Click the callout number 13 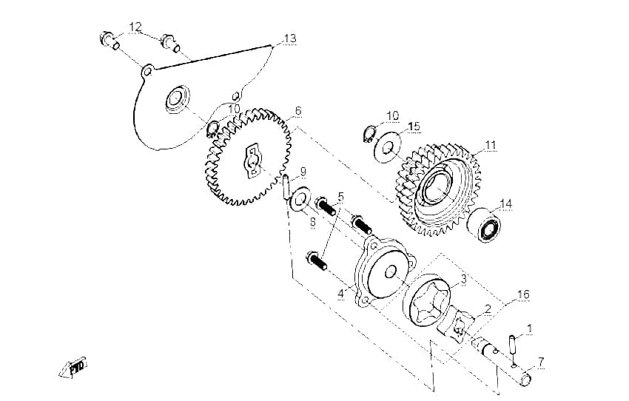[290, 38]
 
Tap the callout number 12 [135, 27]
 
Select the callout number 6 [297, 111]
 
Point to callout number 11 [490, 145]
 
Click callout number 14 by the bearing [506, 203]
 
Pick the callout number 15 [414, 127]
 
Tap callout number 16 [523, 294]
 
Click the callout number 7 [541, 362]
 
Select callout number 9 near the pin [303, 172]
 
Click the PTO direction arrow [73, 367]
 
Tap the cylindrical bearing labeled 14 [484, 226]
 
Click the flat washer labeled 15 [387, 146]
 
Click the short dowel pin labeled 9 [286, 186]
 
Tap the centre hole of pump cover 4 [390, 273]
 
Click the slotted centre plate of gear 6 [253, 160]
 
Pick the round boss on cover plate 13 [177, 99]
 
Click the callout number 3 [463, 279]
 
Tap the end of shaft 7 [525, 379]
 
